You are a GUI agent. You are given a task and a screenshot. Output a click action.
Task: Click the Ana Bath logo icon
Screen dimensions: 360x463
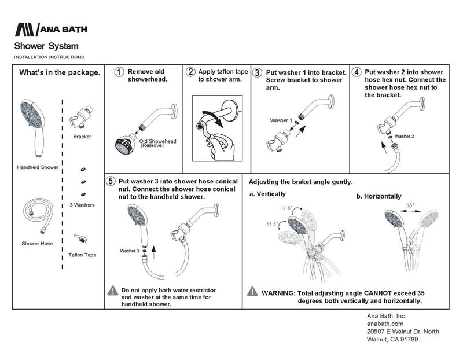point(25,30)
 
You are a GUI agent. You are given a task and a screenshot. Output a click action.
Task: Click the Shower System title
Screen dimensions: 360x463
point(46,46)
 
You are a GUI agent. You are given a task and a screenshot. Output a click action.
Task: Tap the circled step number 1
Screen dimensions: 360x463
point(118,72)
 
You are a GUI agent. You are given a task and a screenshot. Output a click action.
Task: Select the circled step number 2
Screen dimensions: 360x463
point(190,72)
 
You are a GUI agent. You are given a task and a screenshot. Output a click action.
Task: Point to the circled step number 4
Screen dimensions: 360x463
point(357,72)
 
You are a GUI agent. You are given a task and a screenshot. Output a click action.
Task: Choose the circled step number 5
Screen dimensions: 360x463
point(111,181)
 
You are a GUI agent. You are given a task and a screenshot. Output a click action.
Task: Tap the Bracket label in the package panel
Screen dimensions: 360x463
point(82,137)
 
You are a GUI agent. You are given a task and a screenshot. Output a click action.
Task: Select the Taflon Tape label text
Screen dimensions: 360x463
point(82,255)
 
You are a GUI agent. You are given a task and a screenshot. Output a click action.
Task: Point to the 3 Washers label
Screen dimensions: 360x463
point(82,205)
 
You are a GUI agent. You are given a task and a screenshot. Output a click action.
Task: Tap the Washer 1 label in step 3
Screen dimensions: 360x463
point(281,120)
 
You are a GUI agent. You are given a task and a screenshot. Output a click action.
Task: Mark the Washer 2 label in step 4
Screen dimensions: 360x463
point(404,137)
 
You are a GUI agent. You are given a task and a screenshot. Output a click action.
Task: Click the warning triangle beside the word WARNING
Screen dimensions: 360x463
point(252,291)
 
